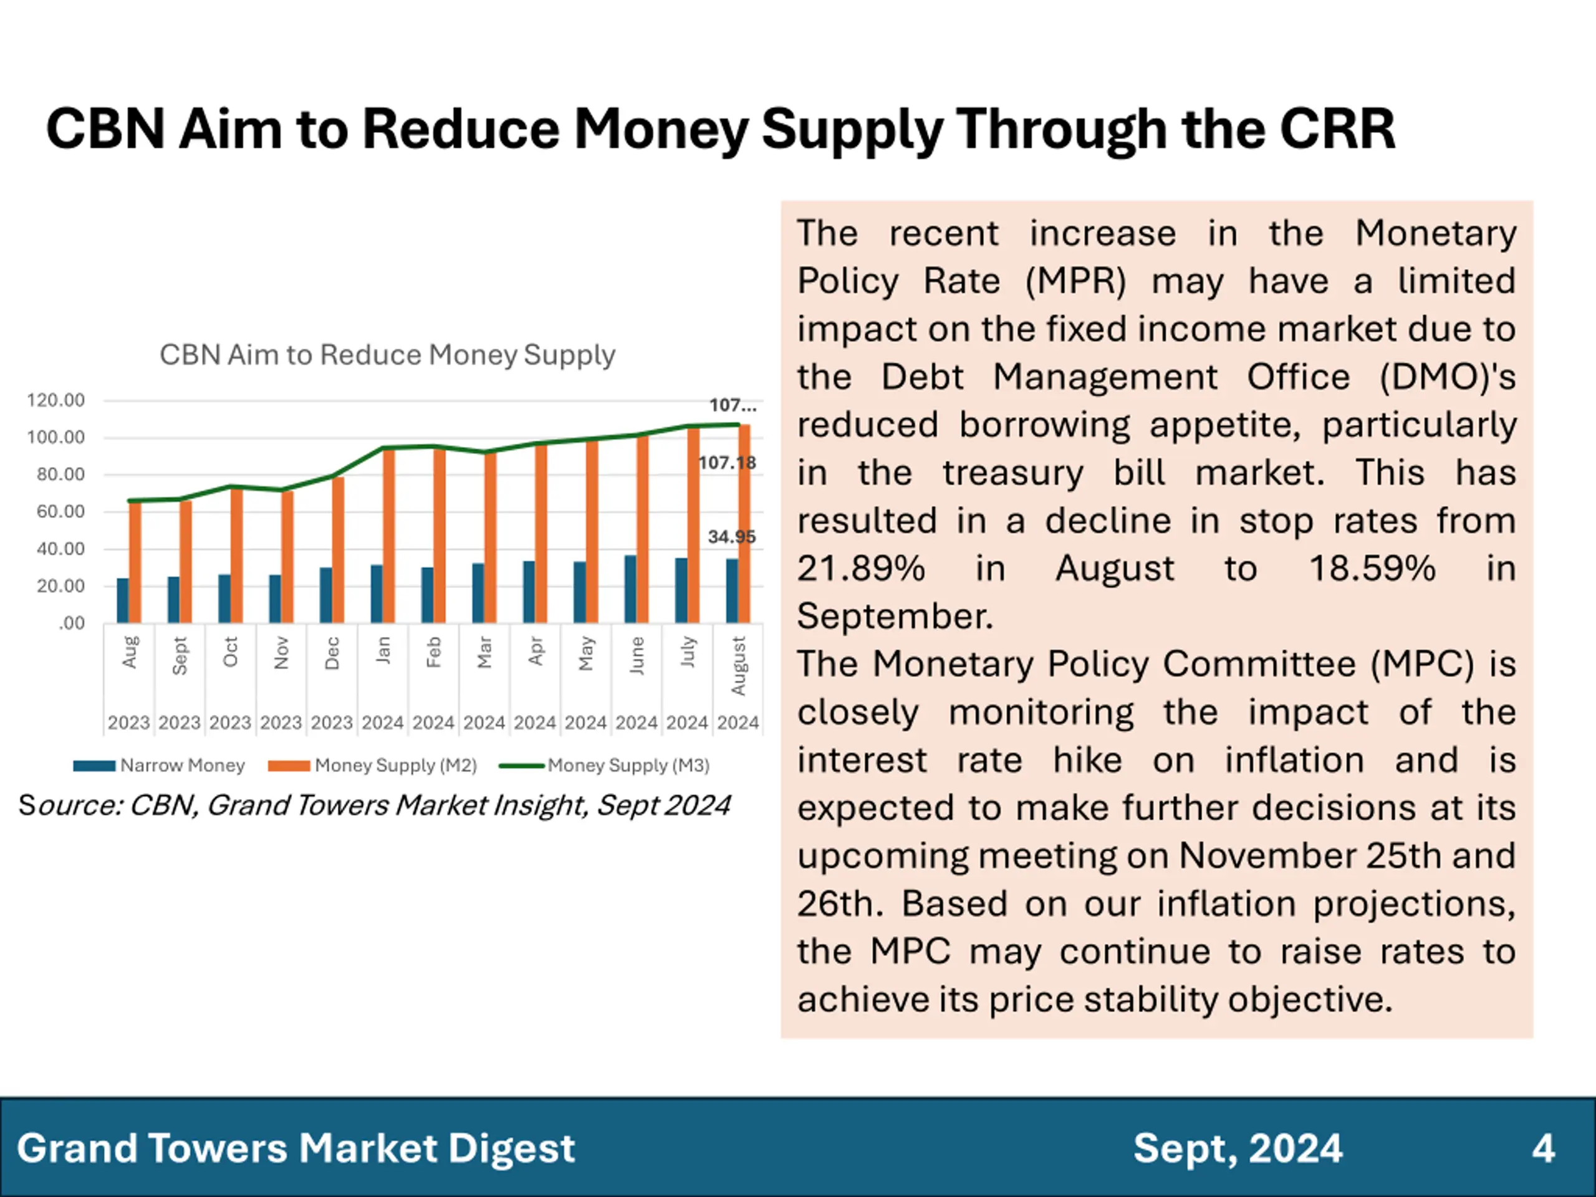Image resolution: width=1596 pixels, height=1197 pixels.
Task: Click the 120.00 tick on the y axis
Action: click(x=55, y=400)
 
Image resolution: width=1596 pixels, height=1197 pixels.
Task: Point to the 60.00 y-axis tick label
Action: click(x=55, y=512)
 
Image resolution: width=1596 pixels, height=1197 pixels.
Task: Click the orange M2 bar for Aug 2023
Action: click(x=135, y=562)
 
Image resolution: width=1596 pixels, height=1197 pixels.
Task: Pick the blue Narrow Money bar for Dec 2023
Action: click(x=326, y=595)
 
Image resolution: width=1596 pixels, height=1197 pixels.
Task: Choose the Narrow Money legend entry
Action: click(x=160, y=766)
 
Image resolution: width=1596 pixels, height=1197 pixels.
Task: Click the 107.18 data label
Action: click(x=728, y=463)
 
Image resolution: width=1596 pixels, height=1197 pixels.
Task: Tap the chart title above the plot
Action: click(x=387, y=355)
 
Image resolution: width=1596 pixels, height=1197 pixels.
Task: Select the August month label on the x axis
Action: click(x=738, y=665)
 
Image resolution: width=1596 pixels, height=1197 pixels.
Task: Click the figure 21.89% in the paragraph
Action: click(x=861, y=569)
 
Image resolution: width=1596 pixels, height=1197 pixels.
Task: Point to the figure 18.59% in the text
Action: click(x=1372, y=569)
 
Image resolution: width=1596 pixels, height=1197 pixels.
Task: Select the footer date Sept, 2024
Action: click(x=1238, y=1148)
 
